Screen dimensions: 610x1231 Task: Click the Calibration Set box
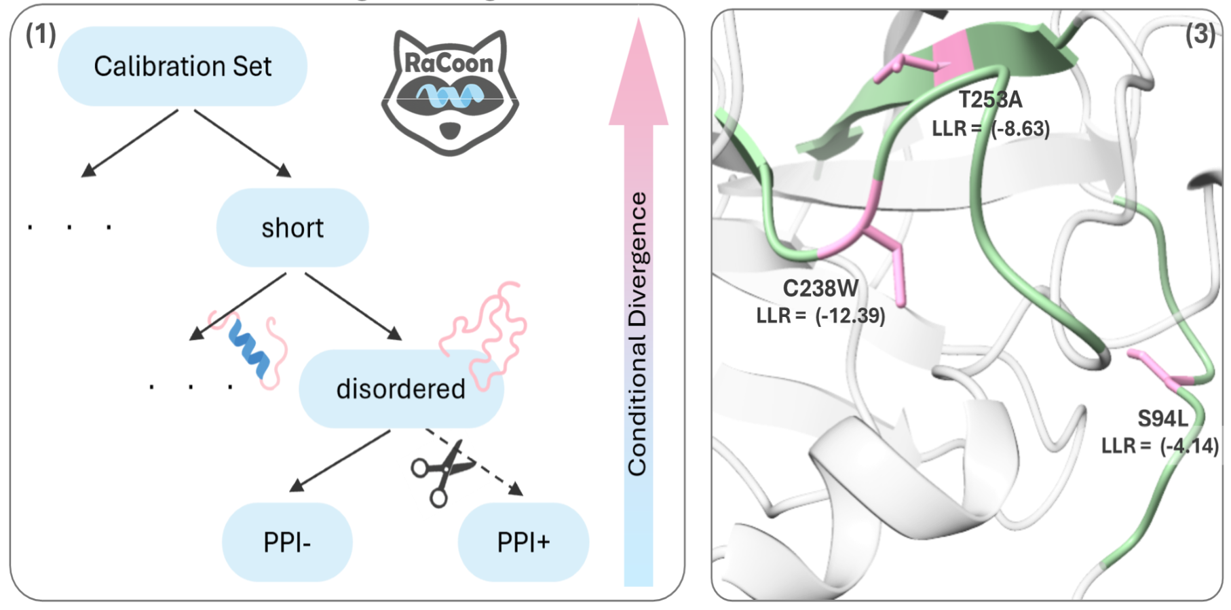[182, 66]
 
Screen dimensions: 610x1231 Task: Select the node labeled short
[292, 228]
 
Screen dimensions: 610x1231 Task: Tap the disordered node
[400, 389]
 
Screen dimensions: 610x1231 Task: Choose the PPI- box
[287, 542]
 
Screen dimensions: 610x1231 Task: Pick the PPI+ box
[523, 542]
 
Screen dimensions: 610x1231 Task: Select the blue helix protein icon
[248, 347]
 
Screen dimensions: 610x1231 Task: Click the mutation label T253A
[990, 100]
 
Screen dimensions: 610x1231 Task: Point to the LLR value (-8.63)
[1020, 128]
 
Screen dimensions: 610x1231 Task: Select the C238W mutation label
[820, 288]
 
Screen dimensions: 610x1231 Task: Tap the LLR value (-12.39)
[850, 316]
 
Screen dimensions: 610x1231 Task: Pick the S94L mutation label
[1162, 419]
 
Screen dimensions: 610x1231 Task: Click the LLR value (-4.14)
[1189, 446]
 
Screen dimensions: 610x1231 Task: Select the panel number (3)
[1200, 34]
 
